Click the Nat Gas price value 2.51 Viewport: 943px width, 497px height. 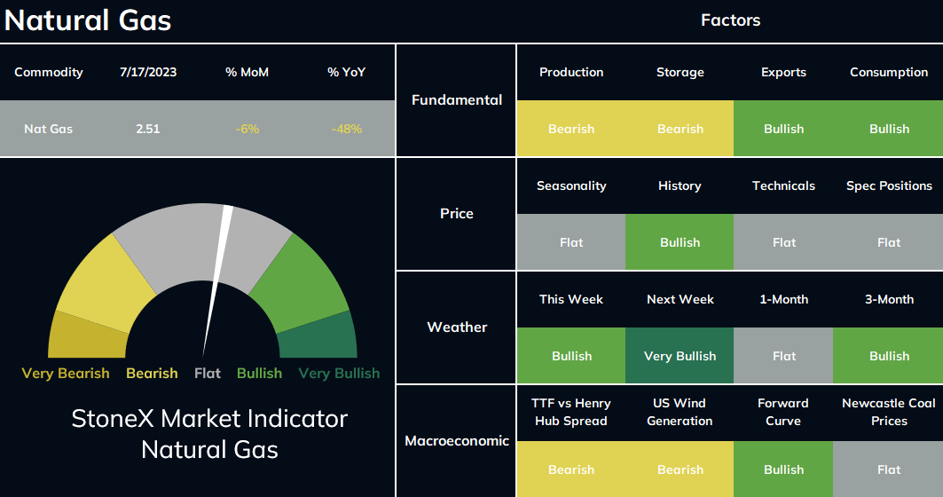click(x=148, y=129)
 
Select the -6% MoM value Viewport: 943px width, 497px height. click(x=248, y=129)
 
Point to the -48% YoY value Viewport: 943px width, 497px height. click(x=346, y=129)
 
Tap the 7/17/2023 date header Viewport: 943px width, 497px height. click(x=148, y=72)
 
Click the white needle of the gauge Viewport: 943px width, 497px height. click(x=217, y=281)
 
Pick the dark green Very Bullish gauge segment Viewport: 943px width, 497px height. click(x=318, y=337)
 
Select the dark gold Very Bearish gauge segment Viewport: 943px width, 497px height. click(x=85, y=337)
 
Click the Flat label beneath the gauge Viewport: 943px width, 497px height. click(x=208, y=373)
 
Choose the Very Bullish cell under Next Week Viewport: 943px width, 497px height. click(x=680, y=356)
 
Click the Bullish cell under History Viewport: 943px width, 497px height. click(x=680, y=242)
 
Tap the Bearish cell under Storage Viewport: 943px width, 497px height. click(x=680, y=128)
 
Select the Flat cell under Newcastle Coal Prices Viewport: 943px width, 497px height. click(x=888, y=469)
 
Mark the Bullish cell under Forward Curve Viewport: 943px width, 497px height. click(x=783, y=469)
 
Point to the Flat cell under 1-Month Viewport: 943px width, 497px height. click(x=783, y=356)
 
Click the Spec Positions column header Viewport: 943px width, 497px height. click(x=889, y=185)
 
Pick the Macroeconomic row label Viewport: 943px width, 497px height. click(x=457, y=441)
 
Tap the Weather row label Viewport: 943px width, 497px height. click(x=457, y=327)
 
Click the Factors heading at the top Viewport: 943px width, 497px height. click(x=731, y=20)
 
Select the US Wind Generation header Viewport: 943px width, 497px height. click(x=680, y=412)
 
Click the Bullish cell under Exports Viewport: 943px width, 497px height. click(x=783, y=128)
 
